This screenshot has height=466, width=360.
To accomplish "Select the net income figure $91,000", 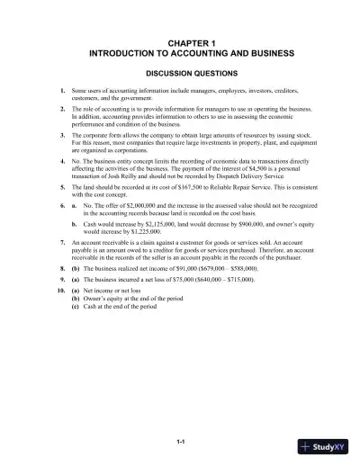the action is pyautogui.click(x=184, y=268).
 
